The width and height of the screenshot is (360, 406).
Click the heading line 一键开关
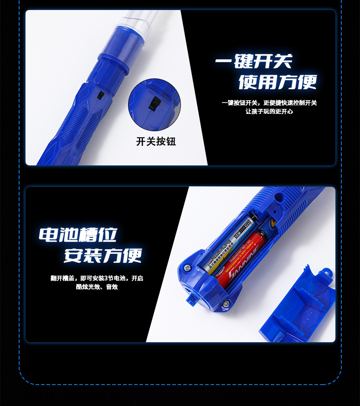(253, 62)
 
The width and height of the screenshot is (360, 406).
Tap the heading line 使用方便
(277, 82)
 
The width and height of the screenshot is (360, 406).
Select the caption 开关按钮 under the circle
(156, 141)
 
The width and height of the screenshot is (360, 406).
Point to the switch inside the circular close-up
(154, 103)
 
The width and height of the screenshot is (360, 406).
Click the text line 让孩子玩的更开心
(269, 111)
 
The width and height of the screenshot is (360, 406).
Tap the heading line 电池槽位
(78, 235)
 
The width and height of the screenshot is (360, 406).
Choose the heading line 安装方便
(103, 255)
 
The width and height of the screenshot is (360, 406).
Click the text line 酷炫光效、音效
(97, 287)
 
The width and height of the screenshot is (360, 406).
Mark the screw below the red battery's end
(226, 304)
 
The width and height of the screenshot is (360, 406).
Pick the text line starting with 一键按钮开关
(269, 103)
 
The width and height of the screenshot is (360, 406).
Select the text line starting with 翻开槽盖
(97, 278)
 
